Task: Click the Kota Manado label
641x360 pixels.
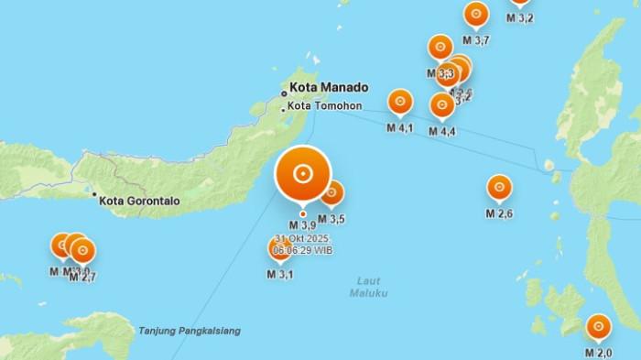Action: (329, 88)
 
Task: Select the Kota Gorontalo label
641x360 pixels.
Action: (140, 201)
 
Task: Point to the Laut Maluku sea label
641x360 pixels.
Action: (368, 287)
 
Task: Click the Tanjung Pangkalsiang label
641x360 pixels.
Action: (190, 331)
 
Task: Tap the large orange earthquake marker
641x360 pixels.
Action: (303, 172)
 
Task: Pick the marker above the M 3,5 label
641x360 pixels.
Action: (331, 192)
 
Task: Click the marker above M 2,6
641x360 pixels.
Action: (499, 187)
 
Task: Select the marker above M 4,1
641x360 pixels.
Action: (400, 101)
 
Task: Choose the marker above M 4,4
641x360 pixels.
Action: (442, 104)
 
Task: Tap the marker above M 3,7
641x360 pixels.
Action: (476, 15)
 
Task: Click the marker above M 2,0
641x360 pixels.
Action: (599, 326)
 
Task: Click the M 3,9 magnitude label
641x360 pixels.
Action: (302, 225)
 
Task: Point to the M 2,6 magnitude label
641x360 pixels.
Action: (499, 214)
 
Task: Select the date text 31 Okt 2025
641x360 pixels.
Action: (302, 238)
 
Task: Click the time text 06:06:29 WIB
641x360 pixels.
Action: (302, 249)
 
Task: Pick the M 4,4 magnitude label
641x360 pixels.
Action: (442, 132)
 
